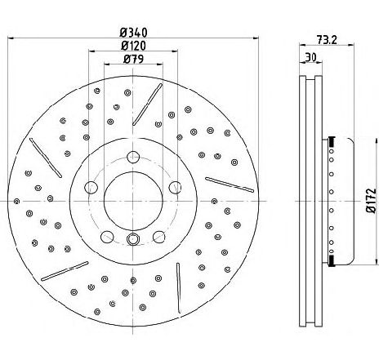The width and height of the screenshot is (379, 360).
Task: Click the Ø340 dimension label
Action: coord(133,33)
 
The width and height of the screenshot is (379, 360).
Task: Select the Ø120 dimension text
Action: coord(133,46)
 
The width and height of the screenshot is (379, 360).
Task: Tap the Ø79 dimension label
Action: coord(133,59)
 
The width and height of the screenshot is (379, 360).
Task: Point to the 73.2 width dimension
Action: coord(327,40)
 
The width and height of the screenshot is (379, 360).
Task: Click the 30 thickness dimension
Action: coord(310,57)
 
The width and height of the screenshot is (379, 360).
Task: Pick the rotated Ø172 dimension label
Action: coord(372,200)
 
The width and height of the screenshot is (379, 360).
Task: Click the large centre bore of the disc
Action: coord(133,202)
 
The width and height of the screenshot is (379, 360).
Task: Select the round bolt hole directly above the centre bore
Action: coord(133,157)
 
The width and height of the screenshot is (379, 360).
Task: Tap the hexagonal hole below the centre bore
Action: coord(132,239)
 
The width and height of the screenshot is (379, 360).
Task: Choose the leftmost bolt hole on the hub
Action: coord(91,187)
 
